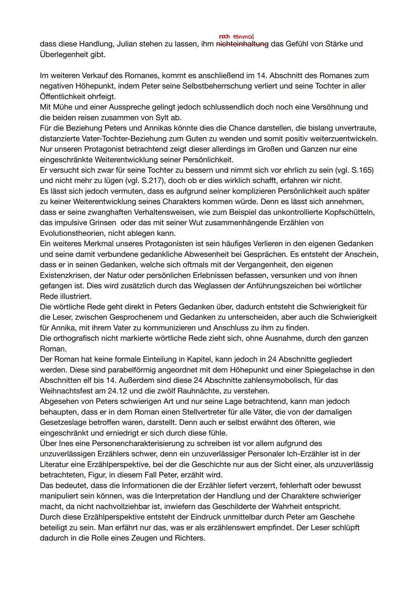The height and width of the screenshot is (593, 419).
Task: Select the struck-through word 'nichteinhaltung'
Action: pyautogui.click(x=242, y=44)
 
